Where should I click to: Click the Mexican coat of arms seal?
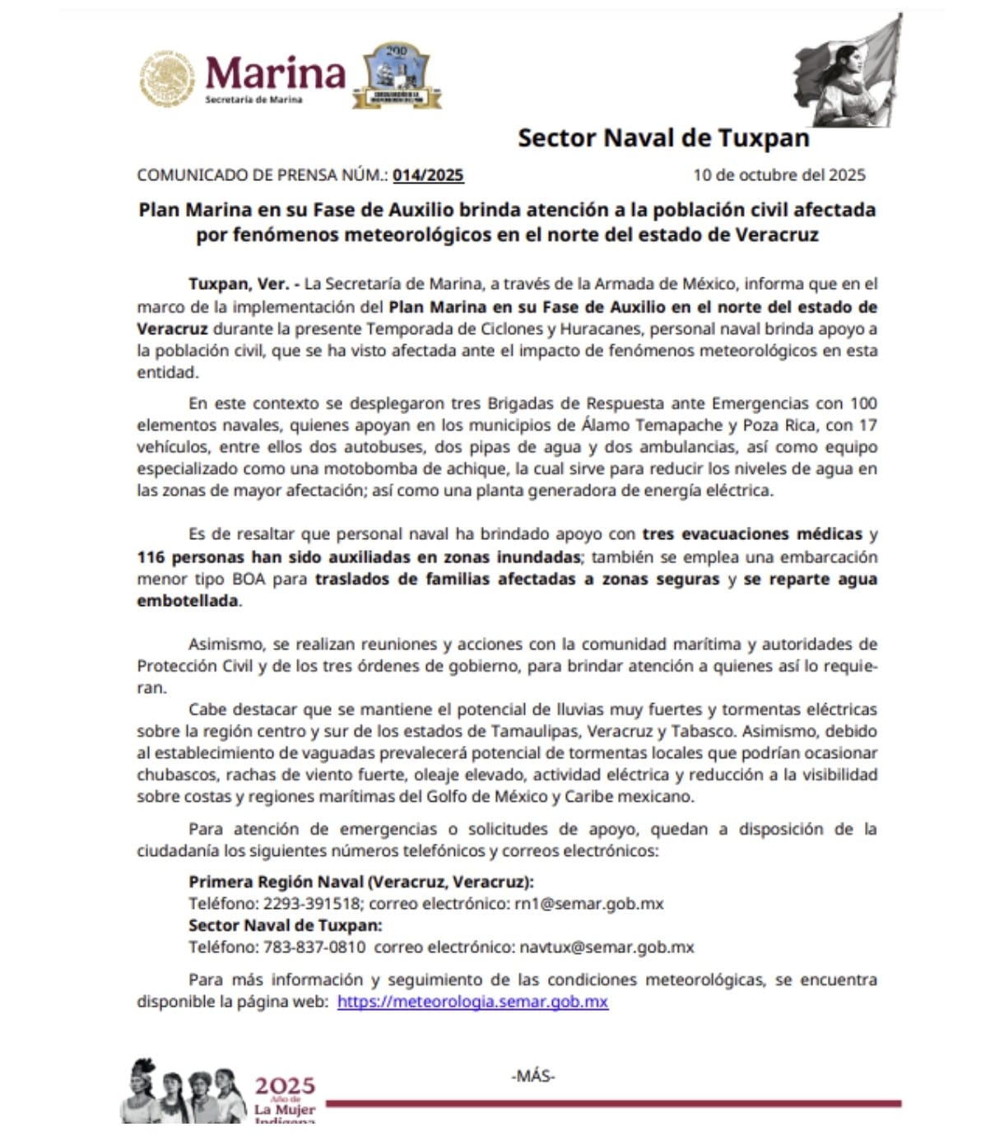click(x=166, y=79)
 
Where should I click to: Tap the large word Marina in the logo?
click(x=275, y=73)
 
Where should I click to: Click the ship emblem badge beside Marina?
click(x=397, y=77)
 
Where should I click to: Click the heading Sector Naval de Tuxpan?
click(x=663, y=138)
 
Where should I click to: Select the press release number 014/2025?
click(x=428, y=175)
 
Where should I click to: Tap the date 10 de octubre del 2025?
click(x=779, y=175)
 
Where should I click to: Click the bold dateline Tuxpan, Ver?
click(x=238, y=285)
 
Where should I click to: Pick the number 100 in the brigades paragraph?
click(x=863, y=403)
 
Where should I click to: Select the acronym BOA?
click(x=249, y=580)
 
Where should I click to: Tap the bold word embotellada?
click(x=188, y=601)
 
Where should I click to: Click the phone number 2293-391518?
click(x=311, y=904)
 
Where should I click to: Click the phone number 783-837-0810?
click(x=314, y=947)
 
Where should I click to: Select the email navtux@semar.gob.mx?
click(x=607, y=947)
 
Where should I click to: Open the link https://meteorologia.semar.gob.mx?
click(x=472, y=1002)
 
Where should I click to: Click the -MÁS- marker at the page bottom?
click(x=533, y=1076)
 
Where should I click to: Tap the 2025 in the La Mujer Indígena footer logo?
click(x=285, y=1087)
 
